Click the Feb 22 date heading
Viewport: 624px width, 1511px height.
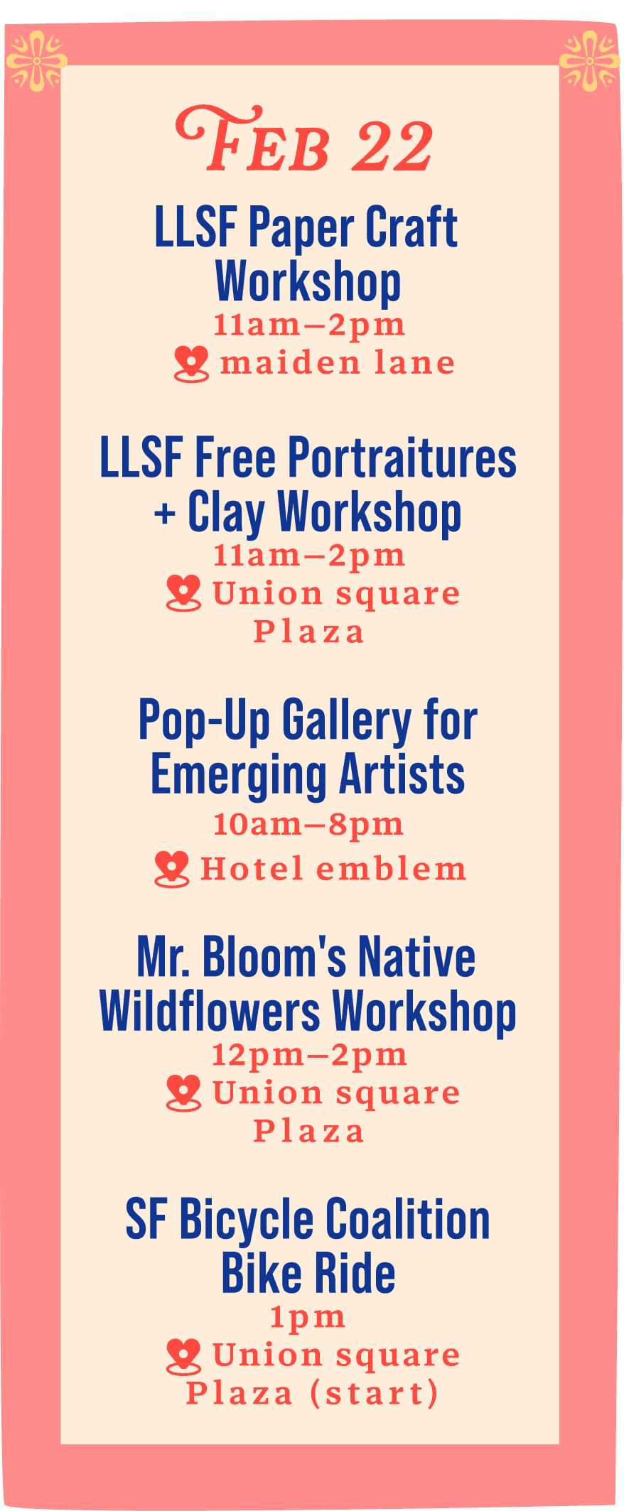pyautogui.click(x=304, y=140)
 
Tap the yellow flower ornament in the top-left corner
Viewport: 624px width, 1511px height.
pyautogui.click(x=36, y=61)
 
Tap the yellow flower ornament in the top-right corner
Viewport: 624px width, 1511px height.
pyautogui.click(x=589, y=61)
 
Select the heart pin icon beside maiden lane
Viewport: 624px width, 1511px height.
pyautogui.click(x=192, y=364)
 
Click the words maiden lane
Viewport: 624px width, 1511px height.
pyautogui.click(x=338, y=363)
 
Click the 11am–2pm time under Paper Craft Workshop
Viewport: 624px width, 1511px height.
pyautogui.click(x=309, y=325)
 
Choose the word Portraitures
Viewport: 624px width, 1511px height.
pyautogui.click(x=402, y=457)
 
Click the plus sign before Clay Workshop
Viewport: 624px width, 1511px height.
pyautogui.click(x=165, y=513)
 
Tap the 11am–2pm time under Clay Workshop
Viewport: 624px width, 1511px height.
pyautogui.click(x=309, y=555)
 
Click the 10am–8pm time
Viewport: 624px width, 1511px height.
pyautogui.click(x=308, y=824)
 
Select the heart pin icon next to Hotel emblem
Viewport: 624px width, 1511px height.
pyautogui.click(x=172, y=869)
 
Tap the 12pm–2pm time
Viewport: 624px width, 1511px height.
pyautogui.click(x=309, y=1055)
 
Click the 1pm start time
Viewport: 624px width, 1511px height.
pyautogui.click(x=308, y=1318)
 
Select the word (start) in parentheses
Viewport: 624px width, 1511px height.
pyautogui.click(x=375, y=1393)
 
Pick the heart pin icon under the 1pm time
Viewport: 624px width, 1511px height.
pyautogui.click(x=183, y=1357)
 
